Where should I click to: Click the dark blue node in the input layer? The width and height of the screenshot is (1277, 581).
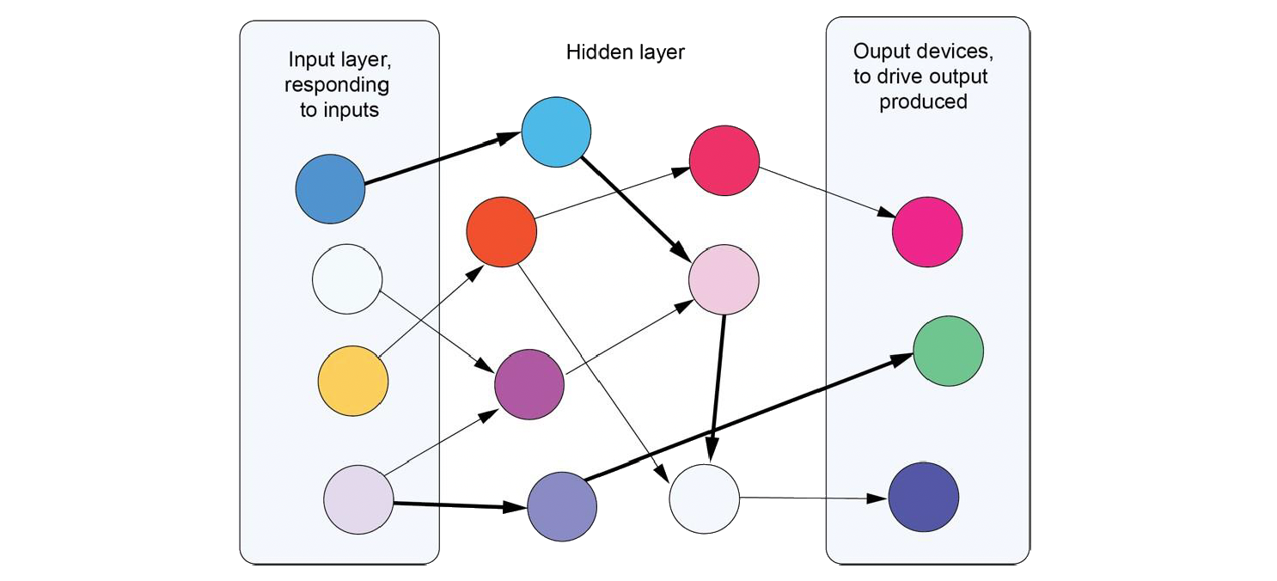(x=330, y=189)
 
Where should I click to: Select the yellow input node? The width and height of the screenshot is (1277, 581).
(x=353, y=380)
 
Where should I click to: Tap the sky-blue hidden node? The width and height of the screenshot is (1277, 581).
(x=556, y=132)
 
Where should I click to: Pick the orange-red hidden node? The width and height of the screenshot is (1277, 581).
(x=501, y=231)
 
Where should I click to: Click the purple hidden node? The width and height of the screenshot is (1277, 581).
(x=529, y=384)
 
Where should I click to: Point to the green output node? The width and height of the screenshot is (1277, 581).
(x=948, y=351)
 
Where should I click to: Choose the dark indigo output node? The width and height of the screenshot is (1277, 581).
(x=923, y=497)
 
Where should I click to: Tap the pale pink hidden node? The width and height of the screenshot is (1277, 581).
(x=724, y=278)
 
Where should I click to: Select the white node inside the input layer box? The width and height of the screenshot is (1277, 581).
(x=346, y=279)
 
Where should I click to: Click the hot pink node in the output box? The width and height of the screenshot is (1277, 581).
(x=926, y=231)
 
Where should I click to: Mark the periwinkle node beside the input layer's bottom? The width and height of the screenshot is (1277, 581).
(x=561, y=505)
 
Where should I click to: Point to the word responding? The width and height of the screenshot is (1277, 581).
(x=336, y=85)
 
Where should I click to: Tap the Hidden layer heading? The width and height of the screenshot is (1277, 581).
(x=625, y=52)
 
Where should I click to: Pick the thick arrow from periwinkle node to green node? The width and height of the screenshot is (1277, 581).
(x=748, y=419)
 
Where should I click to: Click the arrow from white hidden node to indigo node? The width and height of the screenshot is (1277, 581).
(x=812, y=498)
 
